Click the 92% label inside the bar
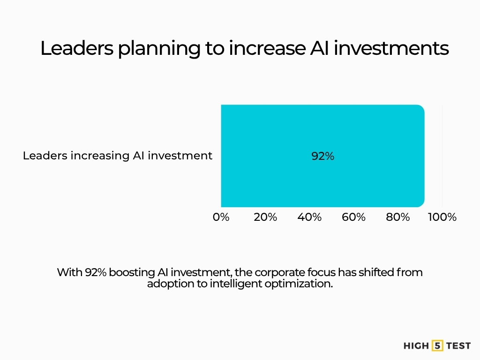point(322,157)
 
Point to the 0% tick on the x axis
point(221,217)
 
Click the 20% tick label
point(265,217)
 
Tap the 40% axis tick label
point(309,217)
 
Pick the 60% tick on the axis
point(354,217)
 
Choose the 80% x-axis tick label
point(398,217)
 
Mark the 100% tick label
point(442,217)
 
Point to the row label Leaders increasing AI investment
point(118,156)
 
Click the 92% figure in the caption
point(96,272)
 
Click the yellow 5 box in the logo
point(438,346)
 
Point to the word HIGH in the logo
point(416,346)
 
